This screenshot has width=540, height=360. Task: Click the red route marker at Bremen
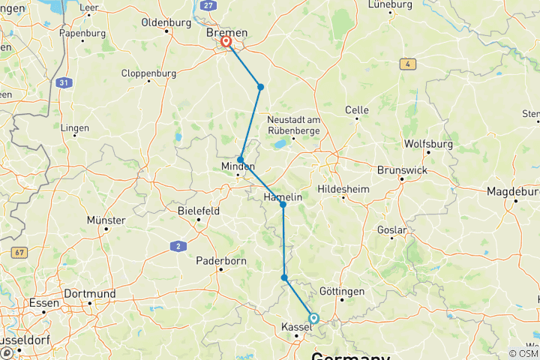(x=225, y=42)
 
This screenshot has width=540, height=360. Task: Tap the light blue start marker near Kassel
(x=313, y=318)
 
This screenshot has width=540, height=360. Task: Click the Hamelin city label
(x=283, y=196)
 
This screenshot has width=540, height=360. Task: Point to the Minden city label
(x=238, y=166)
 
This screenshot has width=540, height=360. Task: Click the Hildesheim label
(x=343, y=189)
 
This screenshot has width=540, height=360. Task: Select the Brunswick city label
(x=401, y=169)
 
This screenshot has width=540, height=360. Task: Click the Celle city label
(x=356, y=109)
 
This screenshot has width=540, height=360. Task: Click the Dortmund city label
(x=89, y=293)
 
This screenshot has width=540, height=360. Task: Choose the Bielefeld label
(x=199, y=211)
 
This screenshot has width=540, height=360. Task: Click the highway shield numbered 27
(x=208, y=5)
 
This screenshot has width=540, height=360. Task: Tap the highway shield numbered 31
(x=66, y=81)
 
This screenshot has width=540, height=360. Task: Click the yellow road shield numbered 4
(x=407, y=64)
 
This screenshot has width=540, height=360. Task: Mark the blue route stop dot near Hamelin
(x=283, y=204)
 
